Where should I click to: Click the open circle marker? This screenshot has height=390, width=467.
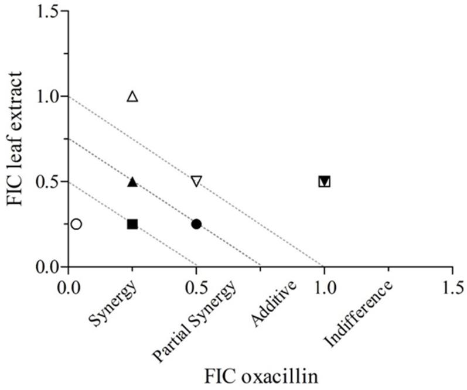tap(76, 224)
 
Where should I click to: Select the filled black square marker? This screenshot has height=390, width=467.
tap(132, 224)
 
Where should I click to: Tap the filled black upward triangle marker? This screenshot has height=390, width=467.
tap(132, 182)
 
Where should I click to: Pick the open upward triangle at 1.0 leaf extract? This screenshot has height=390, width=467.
tap(132, 96)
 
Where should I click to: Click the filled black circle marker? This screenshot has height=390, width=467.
tap(196, 224)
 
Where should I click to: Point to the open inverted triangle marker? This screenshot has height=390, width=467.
tap(196, 182)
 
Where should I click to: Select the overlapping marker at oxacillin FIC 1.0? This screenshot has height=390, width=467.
tap(324, 182)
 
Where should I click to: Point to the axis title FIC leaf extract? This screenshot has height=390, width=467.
tap(16, 138)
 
